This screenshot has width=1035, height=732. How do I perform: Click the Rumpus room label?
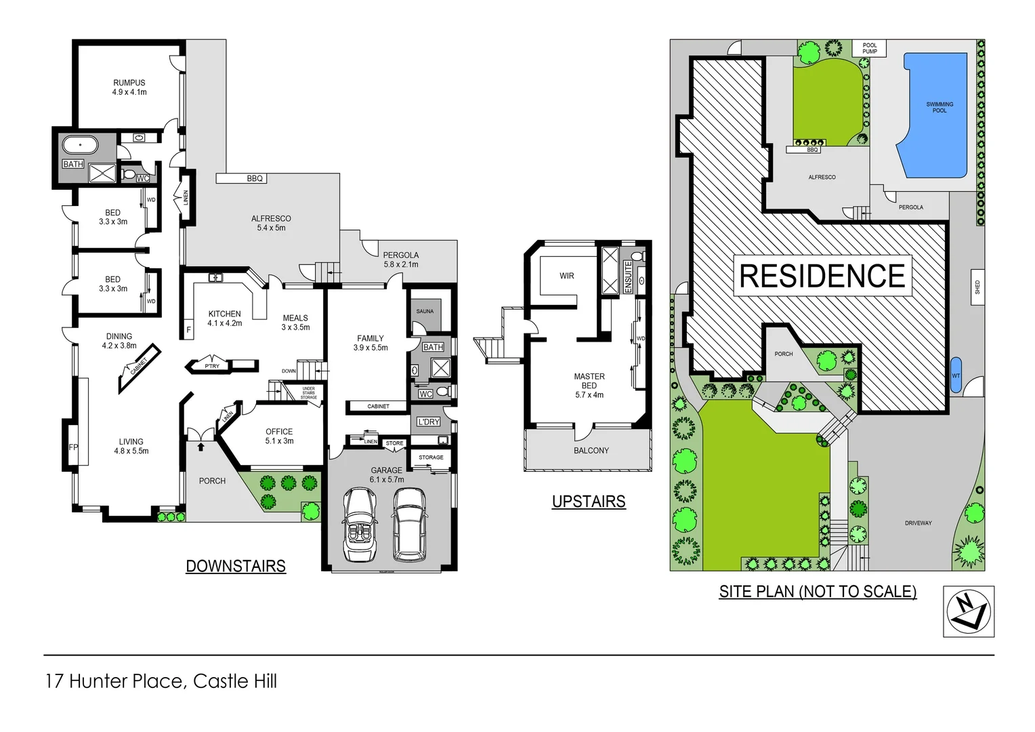129,87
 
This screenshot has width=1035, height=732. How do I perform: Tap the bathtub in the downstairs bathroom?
80,145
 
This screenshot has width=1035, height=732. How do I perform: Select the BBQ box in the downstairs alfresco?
242,178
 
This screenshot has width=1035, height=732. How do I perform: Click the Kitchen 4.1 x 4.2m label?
224,319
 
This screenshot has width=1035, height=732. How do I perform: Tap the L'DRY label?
429,422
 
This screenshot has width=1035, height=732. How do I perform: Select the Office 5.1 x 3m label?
279,436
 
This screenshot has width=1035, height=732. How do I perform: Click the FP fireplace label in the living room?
73,447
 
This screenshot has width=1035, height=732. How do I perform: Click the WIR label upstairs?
567,276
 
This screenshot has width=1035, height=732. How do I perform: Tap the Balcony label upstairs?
591,451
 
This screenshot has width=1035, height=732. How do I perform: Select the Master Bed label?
589,385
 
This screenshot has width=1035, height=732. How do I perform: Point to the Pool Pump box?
870,49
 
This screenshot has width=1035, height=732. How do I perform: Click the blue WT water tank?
956,375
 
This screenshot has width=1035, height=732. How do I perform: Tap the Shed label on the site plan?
977,287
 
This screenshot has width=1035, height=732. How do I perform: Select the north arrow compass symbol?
969,611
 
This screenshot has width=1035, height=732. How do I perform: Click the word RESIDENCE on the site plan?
822,276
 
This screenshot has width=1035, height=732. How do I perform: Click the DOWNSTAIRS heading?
236,566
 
